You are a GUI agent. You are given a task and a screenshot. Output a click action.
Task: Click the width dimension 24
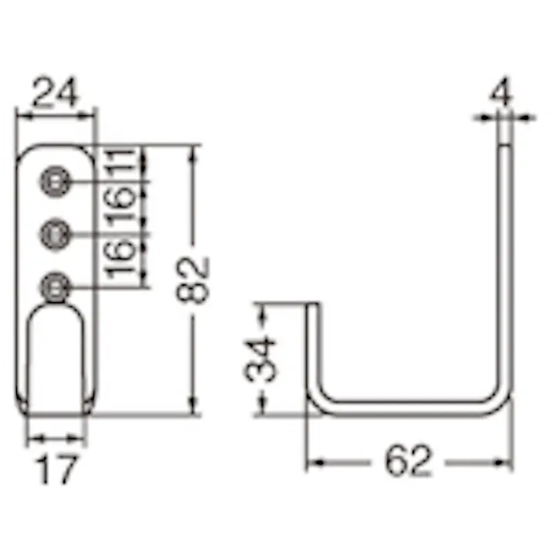pyautogui.click(x=56, y=94)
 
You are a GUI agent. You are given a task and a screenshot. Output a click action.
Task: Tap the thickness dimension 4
pyautogui.click(x=502, y=97)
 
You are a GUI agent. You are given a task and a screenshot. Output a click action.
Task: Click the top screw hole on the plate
pyautogui.click(x=54, y=181)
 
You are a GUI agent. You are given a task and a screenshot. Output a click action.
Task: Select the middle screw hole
pyautogui.click(x=54, y=233)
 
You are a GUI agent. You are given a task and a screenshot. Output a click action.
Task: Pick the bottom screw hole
pyautogui.click(x=54, y=287)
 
